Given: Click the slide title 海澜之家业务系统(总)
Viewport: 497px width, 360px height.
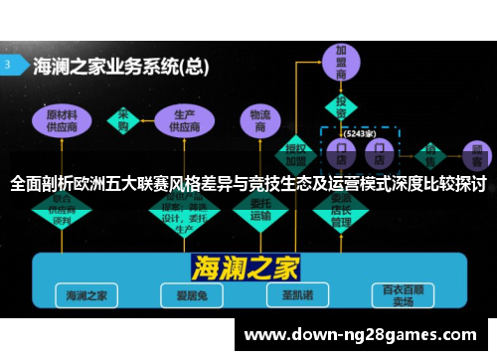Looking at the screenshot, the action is pyautogui.click(x=120, y=68).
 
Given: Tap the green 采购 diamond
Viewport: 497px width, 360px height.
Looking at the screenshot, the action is pyautogui.click(x=124, y=120).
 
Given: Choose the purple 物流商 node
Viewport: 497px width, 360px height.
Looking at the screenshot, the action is pyautogui.click(x=261, y=120).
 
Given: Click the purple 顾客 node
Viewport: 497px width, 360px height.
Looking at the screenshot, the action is pyautogui.click(x=474, y=153).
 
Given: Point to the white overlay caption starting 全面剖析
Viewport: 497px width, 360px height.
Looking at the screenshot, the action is pyautogui.click(x=248, y=184).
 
